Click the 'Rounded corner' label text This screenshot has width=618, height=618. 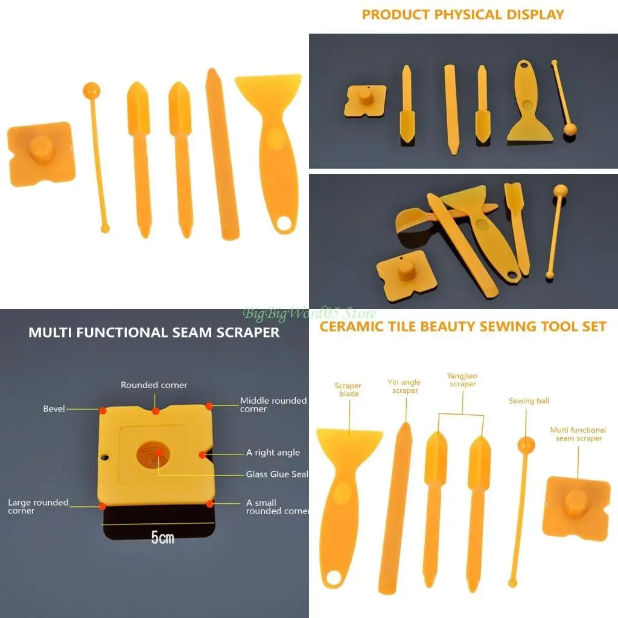[154, 385]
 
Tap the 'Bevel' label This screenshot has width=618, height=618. [54, 409]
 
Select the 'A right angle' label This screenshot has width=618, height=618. [273, 453]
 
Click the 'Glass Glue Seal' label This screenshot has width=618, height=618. [276, 474]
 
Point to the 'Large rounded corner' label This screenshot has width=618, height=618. [38, 506]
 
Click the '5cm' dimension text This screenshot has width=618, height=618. [162, 537]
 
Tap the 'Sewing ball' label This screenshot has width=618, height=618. [529, 401]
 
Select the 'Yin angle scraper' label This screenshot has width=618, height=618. [404, 386]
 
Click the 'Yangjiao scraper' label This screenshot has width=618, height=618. [462, 380]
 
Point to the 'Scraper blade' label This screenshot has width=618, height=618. [348, 390]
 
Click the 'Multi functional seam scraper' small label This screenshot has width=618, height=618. [578, 434]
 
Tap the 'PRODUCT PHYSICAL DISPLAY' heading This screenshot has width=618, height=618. [463, 14]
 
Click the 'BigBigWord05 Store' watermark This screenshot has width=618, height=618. [310, 313]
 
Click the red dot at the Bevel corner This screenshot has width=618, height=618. [103, 410]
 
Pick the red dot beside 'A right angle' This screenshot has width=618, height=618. [202, 454]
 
